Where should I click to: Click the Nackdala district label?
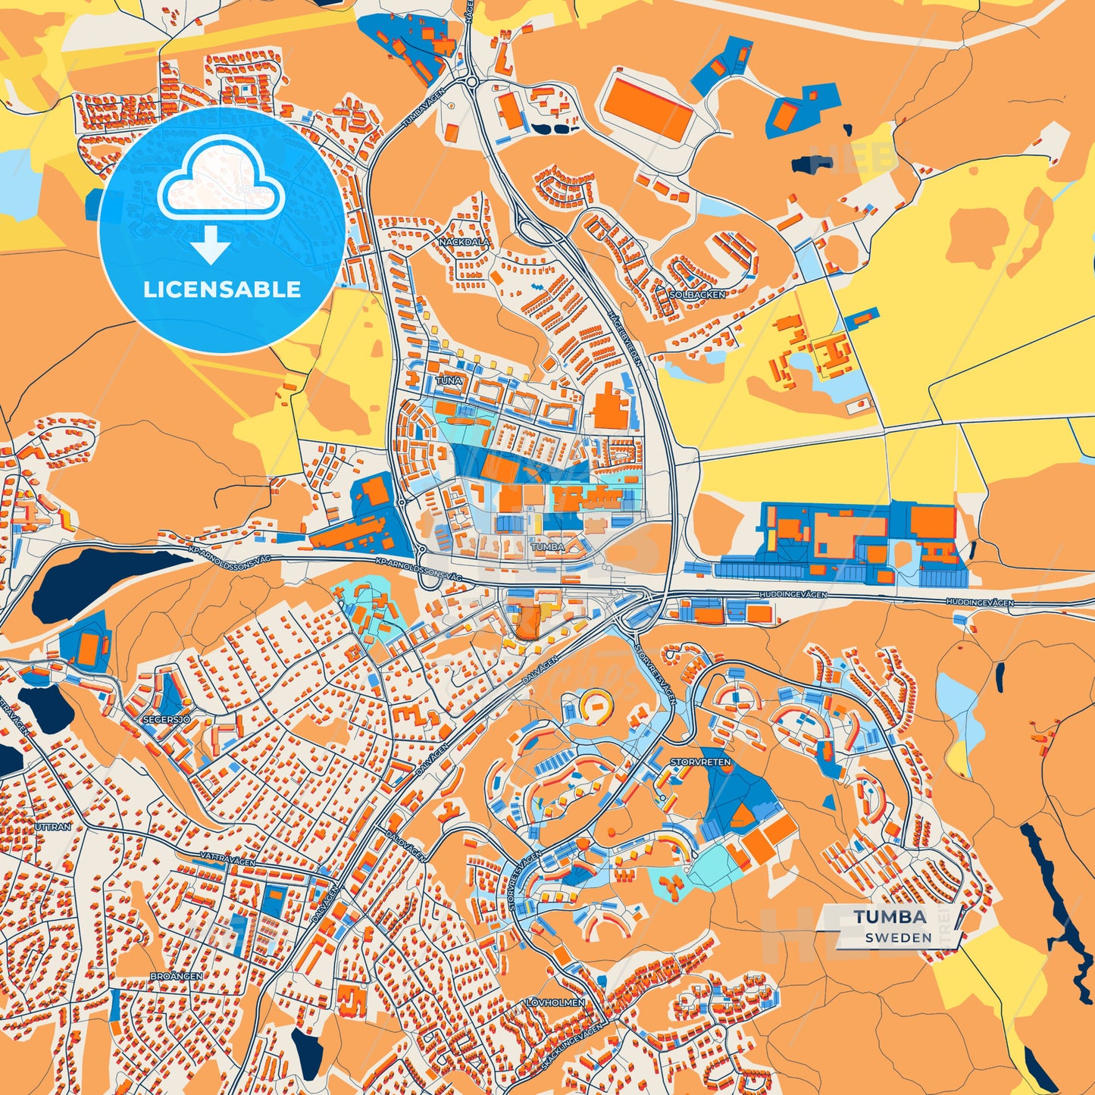pyautogui.click(x=464, y=242)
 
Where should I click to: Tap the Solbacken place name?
pyautogui.click(x=697, y=294)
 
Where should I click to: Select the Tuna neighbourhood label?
pyautogui.click(x=448, y=380)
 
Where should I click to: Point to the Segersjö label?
pyautogui.click(x=167, y=718)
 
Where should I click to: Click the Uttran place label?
pyautogui.click(x=52, y=827)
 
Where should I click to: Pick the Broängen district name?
pyautogui.click(x=176, y=976)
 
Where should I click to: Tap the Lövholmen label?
pyautogui.click(x=555, y=1002)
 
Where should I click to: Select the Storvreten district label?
pyautogui.click(x=700, y=762)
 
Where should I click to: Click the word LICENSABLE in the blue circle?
pyautogui.click(x=222, y=289)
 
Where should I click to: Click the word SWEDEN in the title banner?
pyautogui.click(x=898, y=937)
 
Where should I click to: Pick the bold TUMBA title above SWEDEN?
pyautogui.click(x=890, y=917)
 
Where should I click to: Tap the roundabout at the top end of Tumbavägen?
pyautogui.click(x=471, y=80)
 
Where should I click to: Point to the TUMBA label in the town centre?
pyautogui.click(x=547, y=546)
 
